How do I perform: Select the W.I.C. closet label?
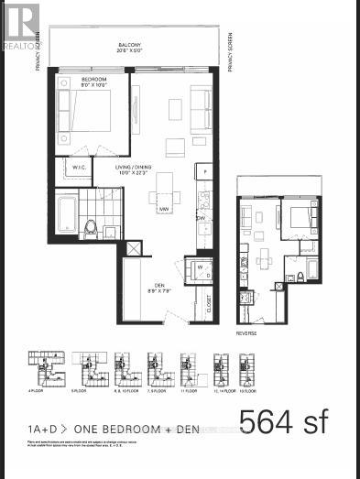pyautogui.click(x=71, y=168)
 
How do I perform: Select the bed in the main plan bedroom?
pyautogui.click(x=86, y=113)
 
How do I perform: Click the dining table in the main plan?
pyautogui.click(x=166, y=192)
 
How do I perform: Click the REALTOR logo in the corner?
pyautogui.click(x=21, y=24)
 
